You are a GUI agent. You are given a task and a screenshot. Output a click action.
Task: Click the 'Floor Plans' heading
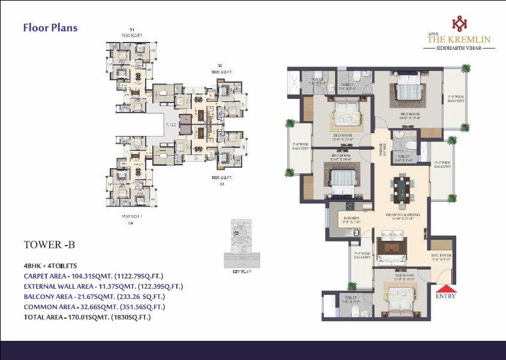point(50,28)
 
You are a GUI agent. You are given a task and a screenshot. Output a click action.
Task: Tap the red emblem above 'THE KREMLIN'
point(459,23)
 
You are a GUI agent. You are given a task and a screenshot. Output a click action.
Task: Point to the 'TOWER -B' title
point(49,244)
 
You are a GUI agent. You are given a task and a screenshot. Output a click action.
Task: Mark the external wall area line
point(103,286)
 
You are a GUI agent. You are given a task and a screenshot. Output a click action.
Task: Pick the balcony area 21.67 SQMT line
point(94,297)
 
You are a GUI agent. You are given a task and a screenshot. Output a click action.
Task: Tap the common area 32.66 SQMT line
point(94,307)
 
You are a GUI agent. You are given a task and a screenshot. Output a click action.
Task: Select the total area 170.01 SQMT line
point(87,317)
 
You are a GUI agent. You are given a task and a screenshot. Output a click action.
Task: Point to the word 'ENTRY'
point(445,296)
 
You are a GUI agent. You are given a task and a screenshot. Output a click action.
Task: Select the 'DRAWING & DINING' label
point(402,214)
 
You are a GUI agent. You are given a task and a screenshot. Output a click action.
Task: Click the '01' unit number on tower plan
point(131,29)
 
